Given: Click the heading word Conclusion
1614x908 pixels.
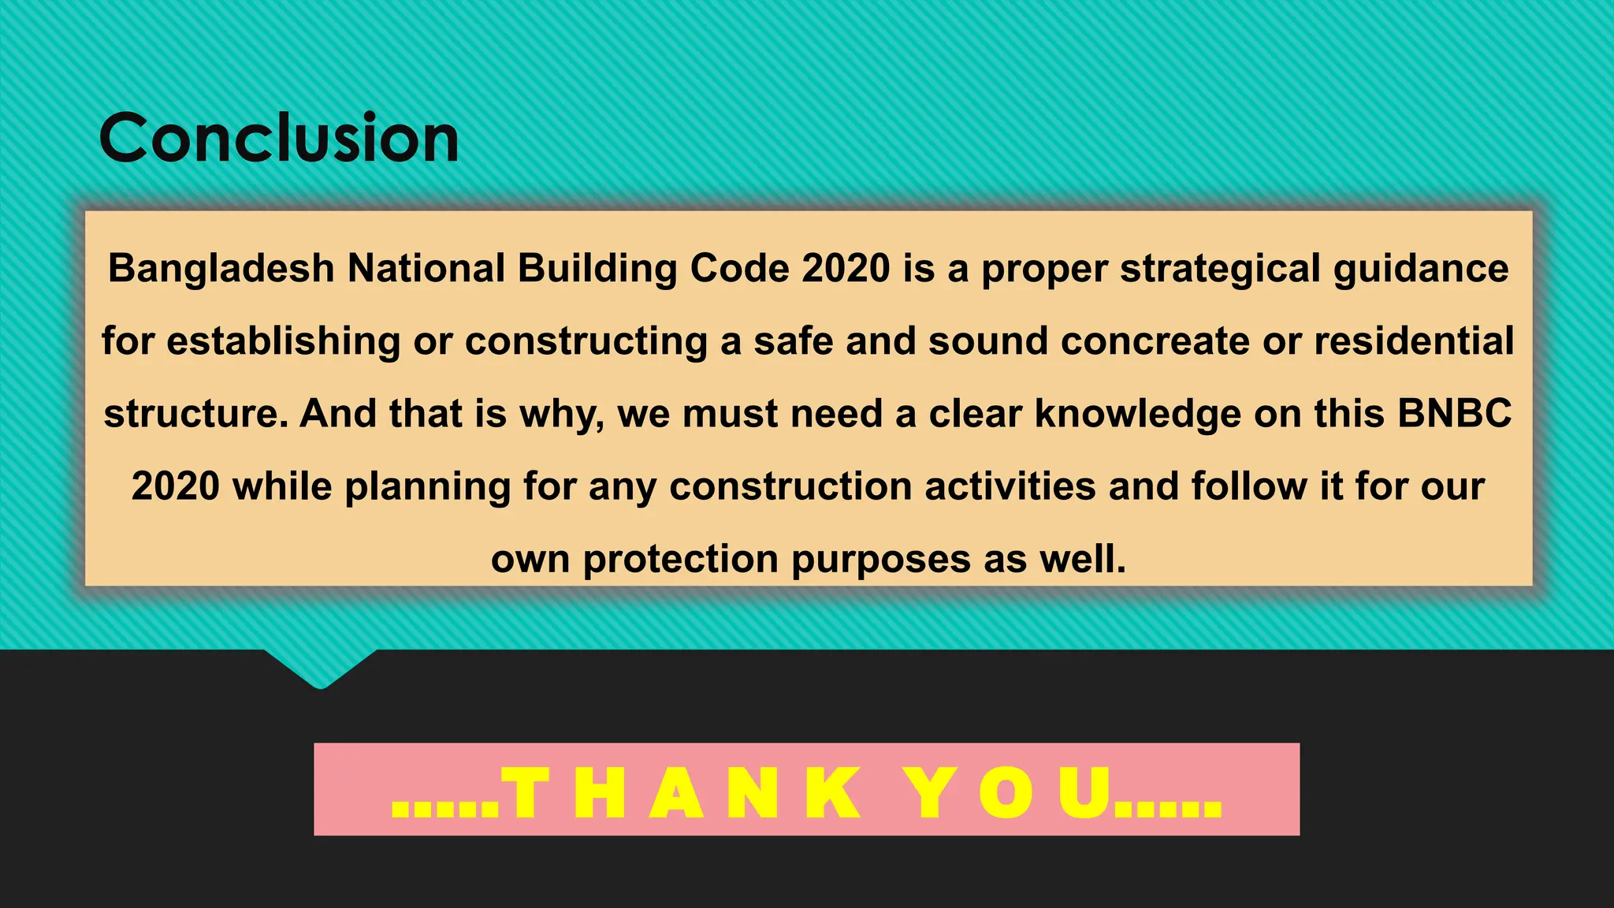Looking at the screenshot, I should point(279,139).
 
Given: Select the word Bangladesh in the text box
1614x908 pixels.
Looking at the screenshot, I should point(221,269).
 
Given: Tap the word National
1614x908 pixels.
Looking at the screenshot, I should point(426,269).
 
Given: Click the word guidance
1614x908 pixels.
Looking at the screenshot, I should point(1421,269).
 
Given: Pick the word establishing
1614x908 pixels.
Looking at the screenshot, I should point(284,342).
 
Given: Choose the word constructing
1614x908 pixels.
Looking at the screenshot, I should point(586,342).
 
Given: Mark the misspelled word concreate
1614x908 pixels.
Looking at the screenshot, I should point(1155,341).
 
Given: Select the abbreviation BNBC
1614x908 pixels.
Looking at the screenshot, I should point(1454,414).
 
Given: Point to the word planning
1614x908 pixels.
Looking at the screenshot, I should point(428,487).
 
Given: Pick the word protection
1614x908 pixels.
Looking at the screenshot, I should point(680,560).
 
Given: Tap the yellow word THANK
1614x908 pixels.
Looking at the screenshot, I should point(682,792).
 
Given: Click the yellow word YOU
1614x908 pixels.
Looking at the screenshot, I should point(1009,792).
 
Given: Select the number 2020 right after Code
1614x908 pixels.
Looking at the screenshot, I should point(846,269).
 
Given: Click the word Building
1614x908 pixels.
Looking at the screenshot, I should point(597,269).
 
